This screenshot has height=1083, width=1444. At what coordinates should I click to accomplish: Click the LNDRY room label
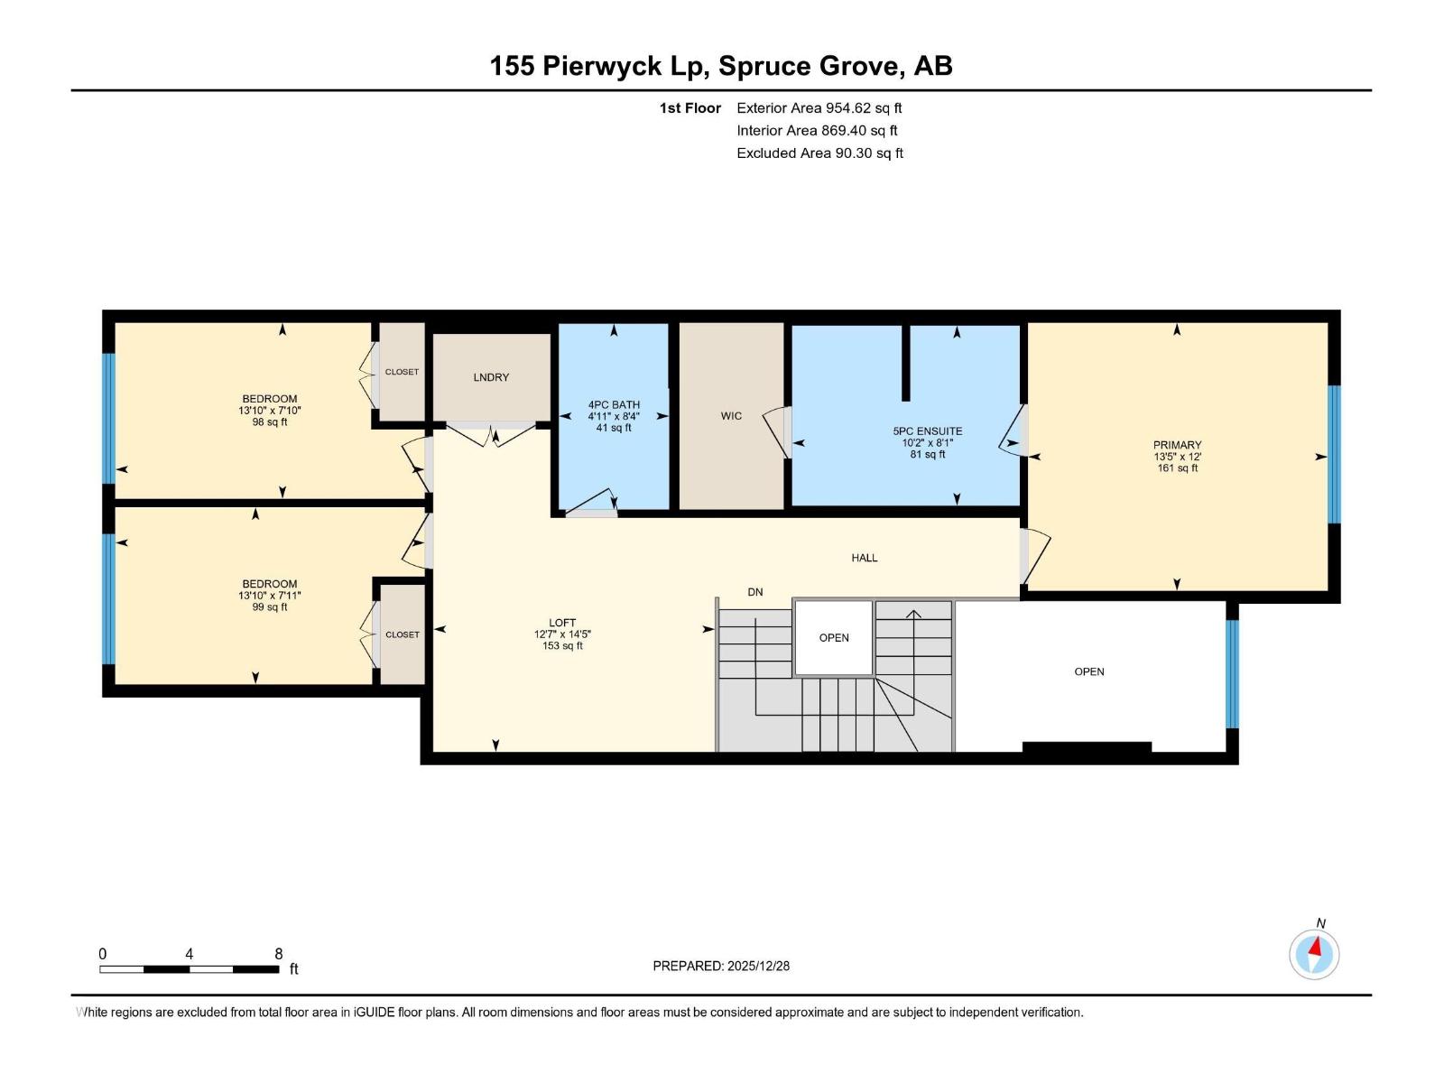click(x=491, y=377)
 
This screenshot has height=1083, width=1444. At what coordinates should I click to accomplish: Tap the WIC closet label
click(x=731, y=416)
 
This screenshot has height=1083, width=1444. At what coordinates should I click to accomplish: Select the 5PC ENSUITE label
click(x=928, y=431)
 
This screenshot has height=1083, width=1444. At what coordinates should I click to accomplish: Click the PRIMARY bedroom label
click(x=1177, y=445)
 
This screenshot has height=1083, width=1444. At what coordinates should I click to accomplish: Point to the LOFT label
click(x=562, y=623)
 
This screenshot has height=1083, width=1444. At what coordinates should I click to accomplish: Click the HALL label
click(x=865, y=558)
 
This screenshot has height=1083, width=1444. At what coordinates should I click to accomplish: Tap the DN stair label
click(x=755, y=592)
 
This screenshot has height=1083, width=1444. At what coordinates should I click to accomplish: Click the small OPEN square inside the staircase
click(x=834, y=638)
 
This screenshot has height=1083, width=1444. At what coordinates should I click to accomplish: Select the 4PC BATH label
click(x=614, y=405)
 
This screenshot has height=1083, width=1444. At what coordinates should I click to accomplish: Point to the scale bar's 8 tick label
click(x=279, y=954)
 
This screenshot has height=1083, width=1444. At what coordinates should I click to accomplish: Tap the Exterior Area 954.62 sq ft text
click(x=819, y=108)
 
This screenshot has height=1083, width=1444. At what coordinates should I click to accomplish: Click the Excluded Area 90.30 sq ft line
click(x=819, y=153)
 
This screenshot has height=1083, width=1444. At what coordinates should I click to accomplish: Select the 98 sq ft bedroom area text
click(x=270, y=422)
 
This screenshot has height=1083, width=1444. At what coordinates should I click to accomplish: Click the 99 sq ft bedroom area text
click(x=270, y=607)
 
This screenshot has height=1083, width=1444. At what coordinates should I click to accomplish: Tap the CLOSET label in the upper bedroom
click(x=402, y=372)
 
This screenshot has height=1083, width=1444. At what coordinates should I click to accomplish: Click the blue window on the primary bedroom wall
click(x=1334, y=454)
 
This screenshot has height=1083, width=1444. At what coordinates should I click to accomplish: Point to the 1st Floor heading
click(x=690, y=108)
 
